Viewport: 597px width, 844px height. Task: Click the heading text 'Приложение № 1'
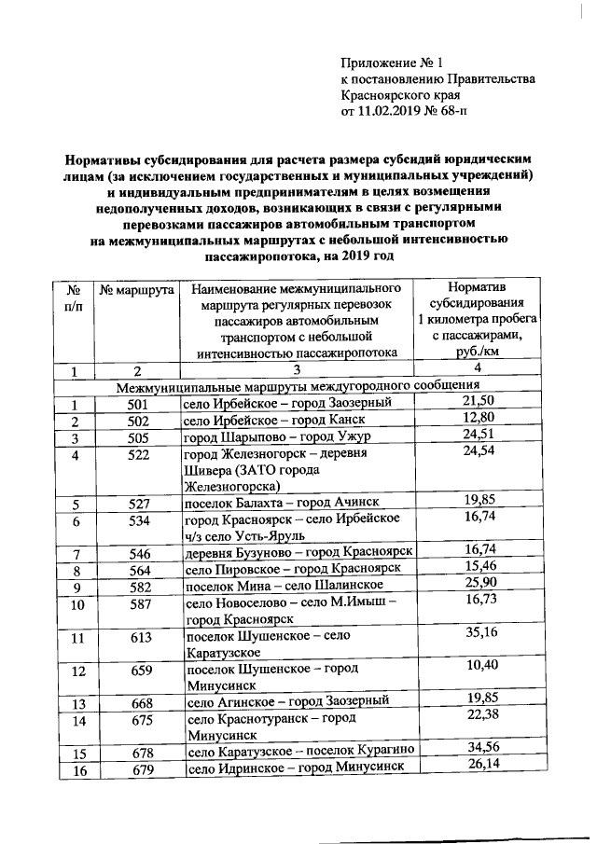click(x=390, y=63)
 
